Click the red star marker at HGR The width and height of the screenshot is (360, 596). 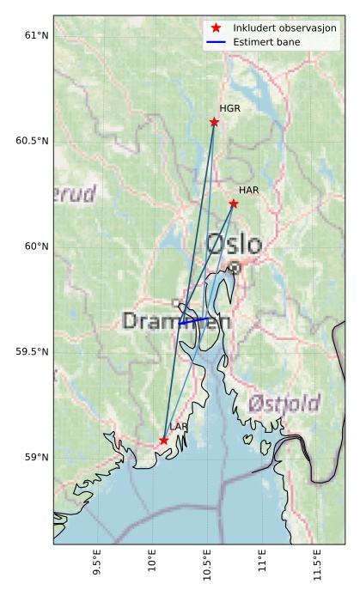tap(214, 122)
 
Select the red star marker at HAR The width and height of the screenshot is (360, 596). tap(234, 204)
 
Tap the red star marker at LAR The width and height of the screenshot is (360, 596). tap(164, 441)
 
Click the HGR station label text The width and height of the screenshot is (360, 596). tap(229, 109)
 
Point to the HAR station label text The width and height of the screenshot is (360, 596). tap(249, 190)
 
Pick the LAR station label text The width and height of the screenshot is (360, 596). tap(179, 427)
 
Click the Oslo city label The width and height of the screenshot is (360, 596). tap(234, 245)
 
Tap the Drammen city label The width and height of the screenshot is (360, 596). tap(177, 322)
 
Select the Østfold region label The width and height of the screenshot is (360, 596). tap(284, 404)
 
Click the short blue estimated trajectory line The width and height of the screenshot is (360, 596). tap(194, 320)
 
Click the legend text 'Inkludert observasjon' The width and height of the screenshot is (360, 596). tap(284, 28)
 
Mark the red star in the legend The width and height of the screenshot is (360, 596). tap(216, 28)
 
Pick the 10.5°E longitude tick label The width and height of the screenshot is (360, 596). tap(206, 568)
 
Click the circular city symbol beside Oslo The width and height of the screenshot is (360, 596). tap(235, 268)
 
